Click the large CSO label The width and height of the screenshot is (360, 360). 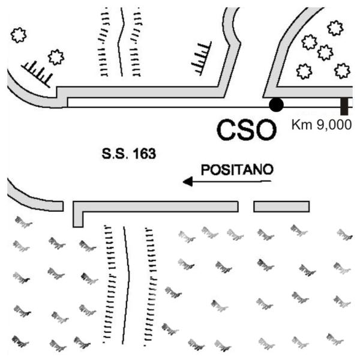[247, 130]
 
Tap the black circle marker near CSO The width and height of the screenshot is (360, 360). [276, 104]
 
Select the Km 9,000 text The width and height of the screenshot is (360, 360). [322, 125]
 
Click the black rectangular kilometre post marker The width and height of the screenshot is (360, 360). [344, 106]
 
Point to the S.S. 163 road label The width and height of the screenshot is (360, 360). [129, 154]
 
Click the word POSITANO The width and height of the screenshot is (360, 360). [237, 170]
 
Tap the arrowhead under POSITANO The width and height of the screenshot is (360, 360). [188, 182]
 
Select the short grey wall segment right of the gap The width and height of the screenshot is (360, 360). [281, 206]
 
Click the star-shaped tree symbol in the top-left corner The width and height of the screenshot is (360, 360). [19, 35]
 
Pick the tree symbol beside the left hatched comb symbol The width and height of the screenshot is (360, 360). [56, 57]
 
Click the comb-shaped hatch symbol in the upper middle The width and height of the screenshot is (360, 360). [202, 58]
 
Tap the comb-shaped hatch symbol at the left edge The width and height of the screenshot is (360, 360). [37, 74]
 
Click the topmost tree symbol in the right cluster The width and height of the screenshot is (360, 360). [335, 28]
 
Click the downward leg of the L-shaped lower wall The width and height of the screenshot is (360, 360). [78, 219]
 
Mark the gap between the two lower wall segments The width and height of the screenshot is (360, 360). [246, 206]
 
